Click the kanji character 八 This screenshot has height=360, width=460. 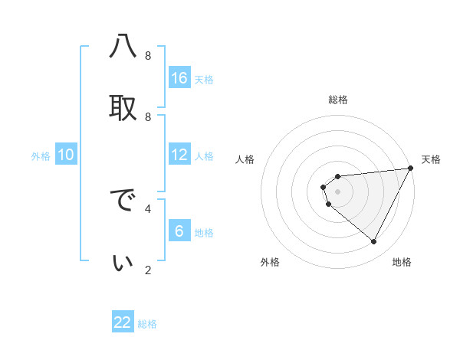(x=123, y=47)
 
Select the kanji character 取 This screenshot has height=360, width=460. (x=123, y=108)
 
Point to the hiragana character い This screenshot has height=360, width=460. (x=123, y=263)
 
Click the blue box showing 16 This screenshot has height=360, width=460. (x=179, y=78)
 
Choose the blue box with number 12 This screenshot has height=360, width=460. (x=179, y=155)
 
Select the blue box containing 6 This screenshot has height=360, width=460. (x=179, y=231)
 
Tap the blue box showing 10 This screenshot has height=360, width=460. (x=66, y=155)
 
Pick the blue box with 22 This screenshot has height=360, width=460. (x=123, y=322)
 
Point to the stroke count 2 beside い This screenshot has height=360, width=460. (x=148, y=270)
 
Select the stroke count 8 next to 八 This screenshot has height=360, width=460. (x=148, y=55)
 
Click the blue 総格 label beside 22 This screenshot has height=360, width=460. (x=147, y=324)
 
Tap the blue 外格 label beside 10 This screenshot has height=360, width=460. (x=41, y=156)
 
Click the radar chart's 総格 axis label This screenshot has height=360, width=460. (x=338, y=100)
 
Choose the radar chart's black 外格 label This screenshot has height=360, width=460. (x=270, y=263)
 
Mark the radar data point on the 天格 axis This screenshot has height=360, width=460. (x=410, y=169)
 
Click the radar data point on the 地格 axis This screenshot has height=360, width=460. (x=374, y=242)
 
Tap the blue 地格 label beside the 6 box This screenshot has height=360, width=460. (x=204, y=233)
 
